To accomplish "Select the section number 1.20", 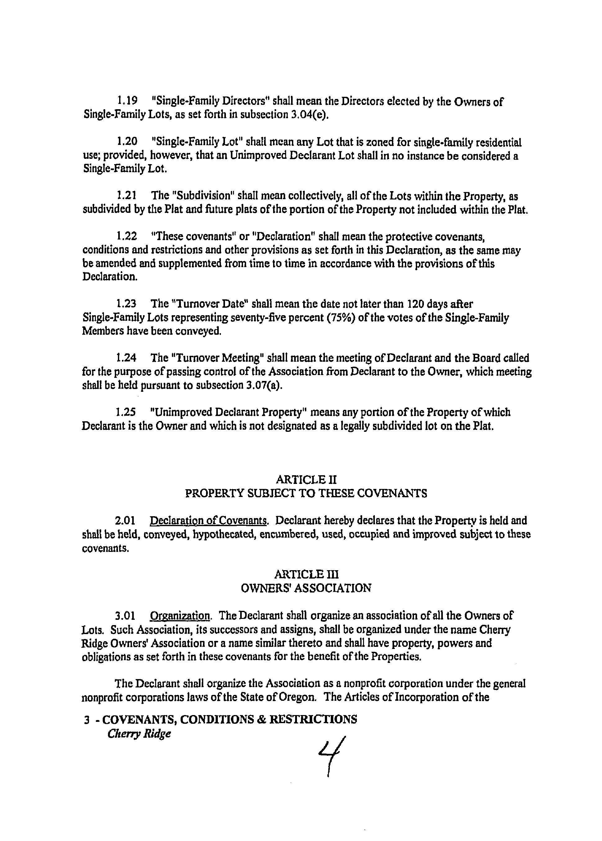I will (127, 141).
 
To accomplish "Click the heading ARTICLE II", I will (306, 480).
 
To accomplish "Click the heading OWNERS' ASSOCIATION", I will (306, 588).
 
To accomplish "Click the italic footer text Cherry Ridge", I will (139, 734).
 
